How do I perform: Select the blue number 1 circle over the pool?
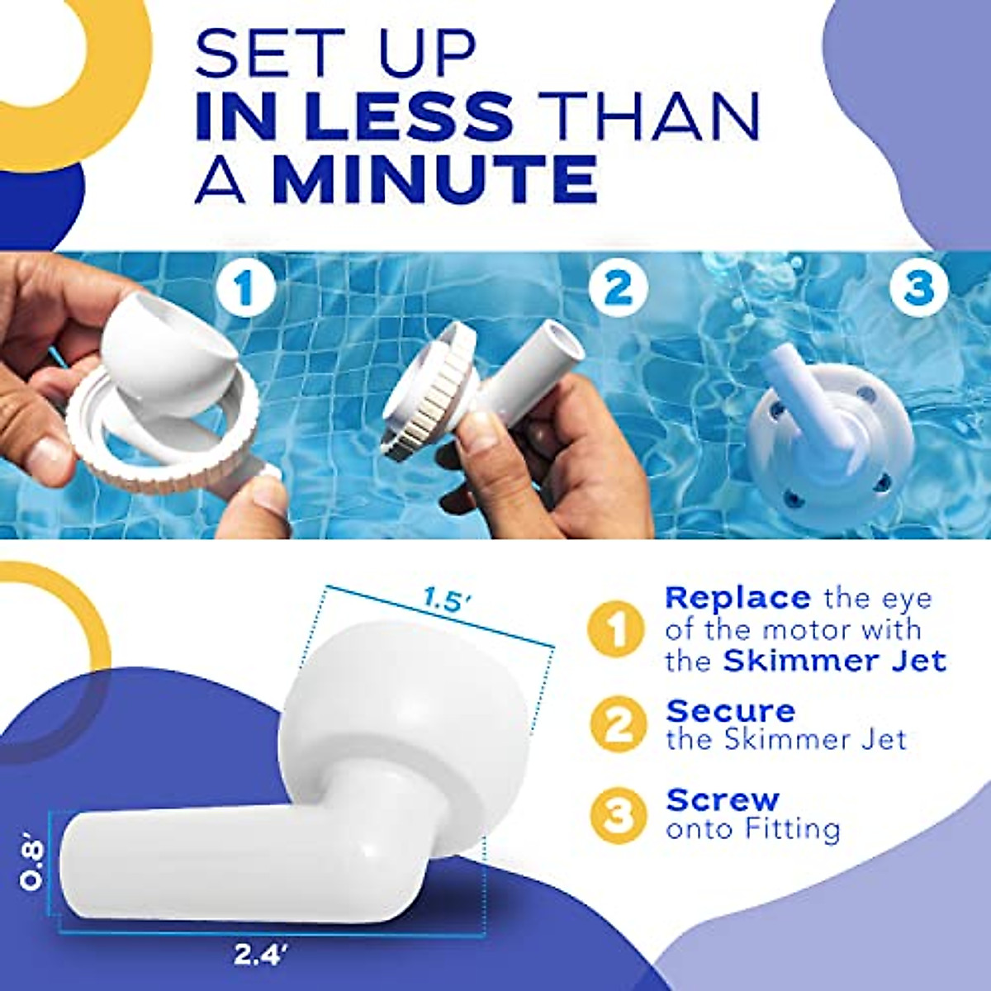click(243, 288)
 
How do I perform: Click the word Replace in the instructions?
click(737, 597)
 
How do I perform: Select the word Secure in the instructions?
click(731, 710)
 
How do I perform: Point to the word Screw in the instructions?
click(723, 799)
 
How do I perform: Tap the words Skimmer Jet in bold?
click(834, 661)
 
